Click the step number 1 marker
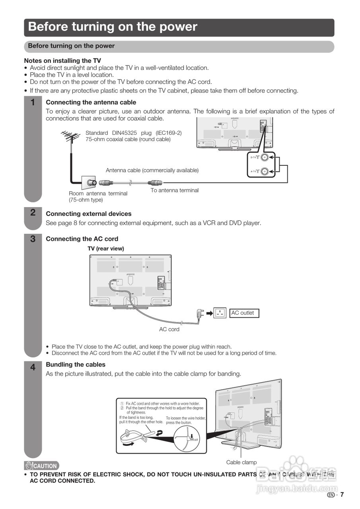33,103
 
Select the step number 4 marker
33,368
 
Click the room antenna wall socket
88,183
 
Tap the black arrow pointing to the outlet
209,313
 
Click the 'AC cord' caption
169,329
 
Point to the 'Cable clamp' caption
241,462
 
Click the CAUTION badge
41,466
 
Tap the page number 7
342,495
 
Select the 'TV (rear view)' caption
106,249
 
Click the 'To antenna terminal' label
174,190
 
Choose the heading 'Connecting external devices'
89,214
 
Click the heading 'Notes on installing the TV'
62,61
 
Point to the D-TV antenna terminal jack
265,157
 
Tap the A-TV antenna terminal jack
265,172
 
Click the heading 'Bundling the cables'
76,365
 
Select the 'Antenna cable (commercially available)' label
152,170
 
